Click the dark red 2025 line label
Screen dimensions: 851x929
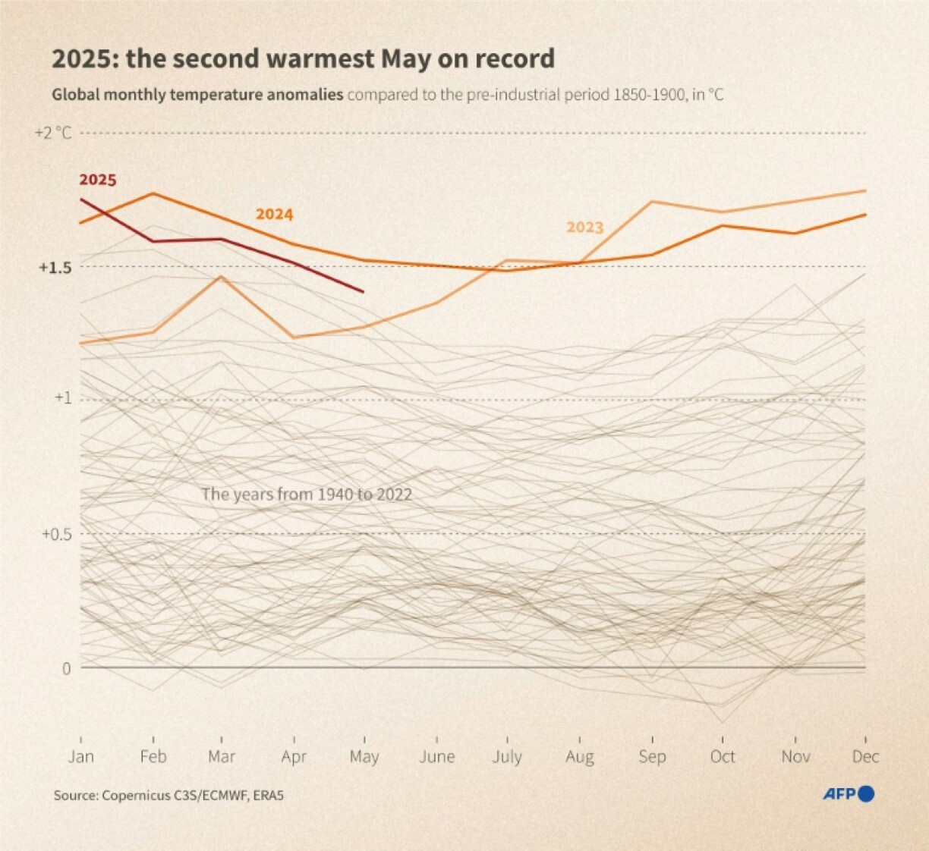point(98,181)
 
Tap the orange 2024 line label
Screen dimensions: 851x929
point(274,215)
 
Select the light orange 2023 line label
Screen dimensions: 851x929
point(584,228)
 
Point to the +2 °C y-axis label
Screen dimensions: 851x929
point(53,133)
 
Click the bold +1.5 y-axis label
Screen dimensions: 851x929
point(55,268)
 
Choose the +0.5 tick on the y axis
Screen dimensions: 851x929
point(55,534)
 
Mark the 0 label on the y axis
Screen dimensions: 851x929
point(66,668)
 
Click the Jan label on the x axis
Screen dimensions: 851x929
point(80,757)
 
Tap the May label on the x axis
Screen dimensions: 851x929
point(364,757)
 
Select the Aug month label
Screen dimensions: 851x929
point(579,757)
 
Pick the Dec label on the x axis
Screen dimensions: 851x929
point(865,757)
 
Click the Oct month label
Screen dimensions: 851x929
point(723,757)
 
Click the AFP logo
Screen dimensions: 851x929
point(849,794)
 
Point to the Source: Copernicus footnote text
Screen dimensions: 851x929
point(168,796)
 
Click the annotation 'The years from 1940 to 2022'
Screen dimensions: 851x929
point(307,495)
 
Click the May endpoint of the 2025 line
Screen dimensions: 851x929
point(364,292)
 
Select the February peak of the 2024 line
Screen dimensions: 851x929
point(153,193)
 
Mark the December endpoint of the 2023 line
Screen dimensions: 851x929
point(866,190)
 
